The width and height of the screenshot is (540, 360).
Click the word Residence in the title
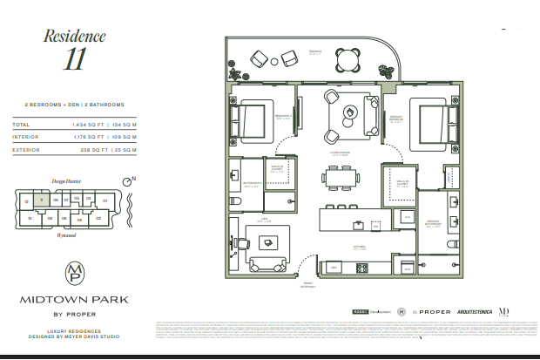pos(74,37)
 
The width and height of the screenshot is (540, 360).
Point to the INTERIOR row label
pos(27,135)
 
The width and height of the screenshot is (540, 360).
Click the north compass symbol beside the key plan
pos(128,180)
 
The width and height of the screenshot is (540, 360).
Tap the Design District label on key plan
pos(65,181)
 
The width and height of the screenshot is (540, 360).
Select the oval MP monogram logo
pos(74,273)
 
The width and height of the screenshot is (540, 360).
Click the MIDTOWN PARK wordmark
pos(74,299)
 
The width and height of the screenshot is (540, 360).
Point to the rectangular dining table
pos(340,178)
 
